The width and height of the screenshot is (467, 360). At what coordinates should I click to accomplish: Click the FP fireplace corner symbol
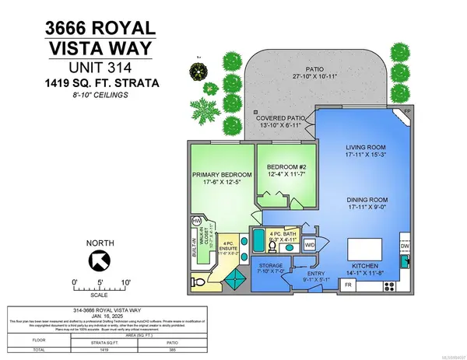pyautogui.click(x=409, y=114)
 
